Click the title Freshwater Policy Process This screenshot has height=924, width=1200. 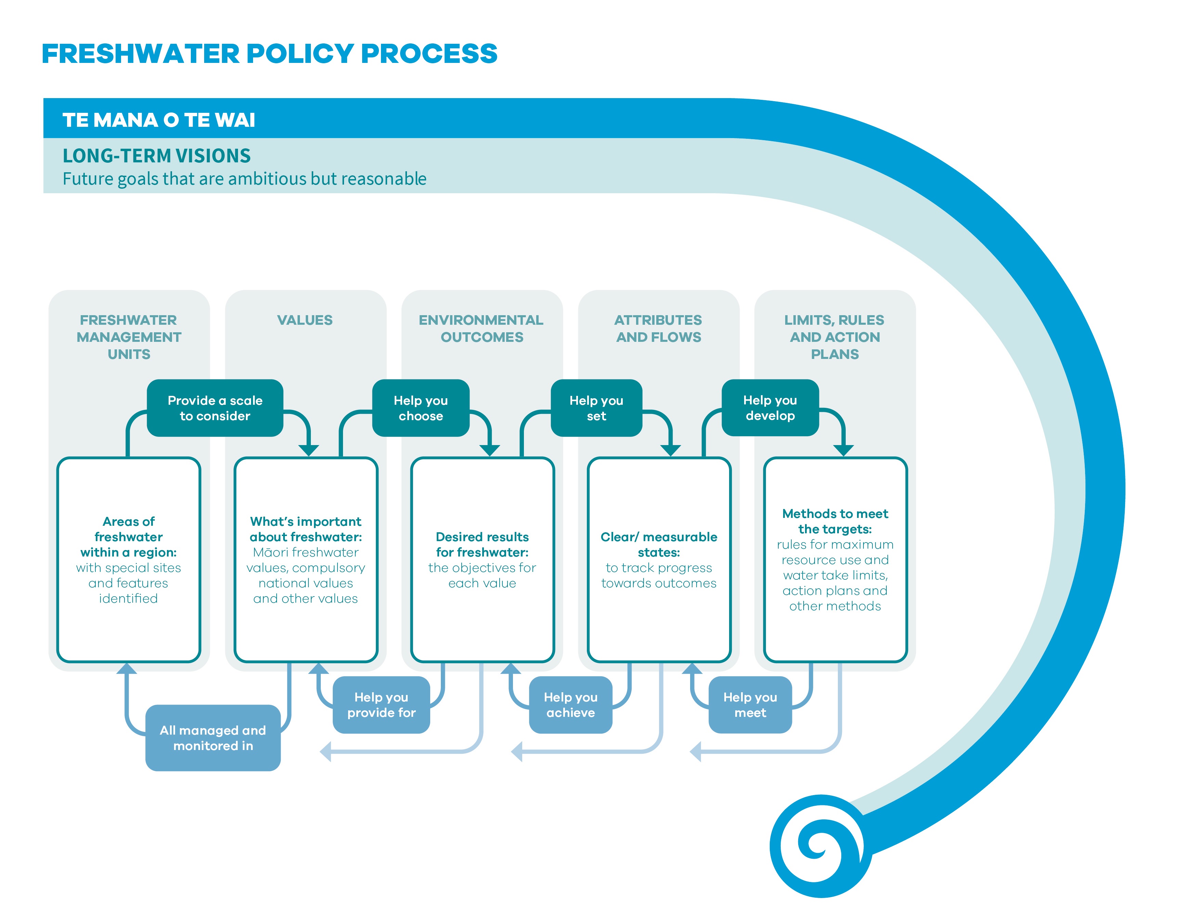click(269, 53)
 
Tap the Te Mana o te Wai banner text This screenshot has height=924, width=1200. click(159, 120)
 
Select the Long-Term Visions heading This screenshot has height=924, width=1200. click(157, 156)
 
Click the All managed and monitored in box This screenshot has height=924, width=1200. click(213, 738)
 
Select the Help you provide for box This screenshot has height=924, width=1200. click(381, 705)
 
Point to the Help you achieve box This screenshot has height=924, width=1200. click(570, 705)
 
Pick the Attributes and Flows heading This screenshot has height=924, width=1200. click(658, 329)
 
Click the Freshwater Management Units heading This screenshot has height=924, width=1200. click(129, 337)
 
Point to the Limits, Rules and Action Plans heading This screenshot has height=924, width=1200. click(835, 337)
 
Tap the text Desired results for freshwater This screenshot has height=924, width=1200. click(483, 545)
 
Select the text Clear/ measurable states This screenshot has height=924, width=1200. click(659, 545)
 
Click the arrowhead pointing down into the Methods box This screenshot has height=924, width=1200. click(843, 451)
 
